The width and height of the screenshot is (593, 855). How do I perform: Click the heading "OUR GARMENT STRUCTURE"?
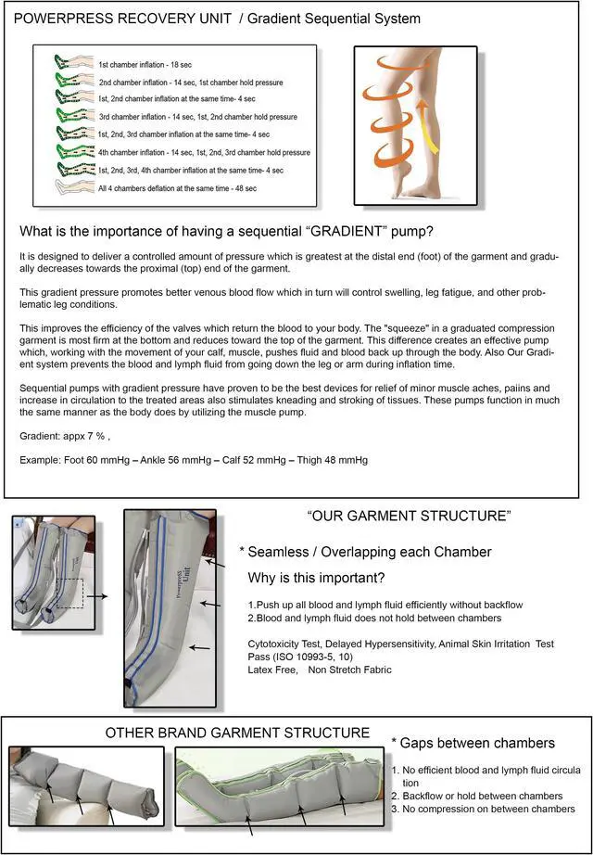tap(409, 516)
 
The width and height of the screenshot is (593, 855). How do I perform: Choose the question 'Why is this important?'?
tap(317, 578)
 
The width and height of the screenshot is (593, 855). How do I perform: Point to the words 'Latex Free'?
tap(273, 670)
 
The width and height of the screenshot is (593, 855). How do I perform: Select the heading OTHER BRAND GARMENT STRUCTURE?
tap(237, 733)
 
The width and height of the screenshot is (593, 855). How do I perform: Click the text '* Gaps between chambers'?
tap(473, 743)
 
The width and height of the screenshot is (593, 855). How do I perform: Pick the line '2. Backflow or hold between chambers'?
tap(476, 796)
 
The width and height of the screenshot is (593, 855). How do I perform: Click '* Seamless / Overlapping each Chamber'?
tap(365, 552)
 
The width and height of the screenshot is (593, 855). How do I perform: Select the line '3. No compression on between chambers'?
tap(482, 809)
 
